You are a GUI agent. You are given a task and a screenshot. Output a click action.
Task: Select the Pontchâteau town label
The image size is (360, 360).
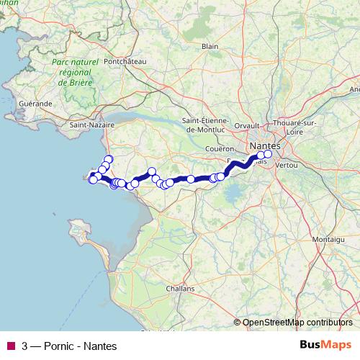click(x=125, y=62)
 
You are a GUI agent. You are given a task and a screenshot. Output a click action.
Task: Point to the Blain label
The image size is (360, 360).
click(x=210, y=45)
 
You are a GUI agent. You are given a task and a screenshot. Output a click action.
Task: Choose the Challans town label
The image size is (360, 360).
click(x=180, y=288)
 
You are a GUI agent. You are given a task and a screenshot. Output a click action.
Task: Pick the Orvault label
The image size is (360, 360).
click(x=246, y=125)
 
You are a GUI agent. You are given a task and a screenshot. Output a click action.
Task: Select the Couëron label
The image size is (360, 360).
click(x=220, y=148)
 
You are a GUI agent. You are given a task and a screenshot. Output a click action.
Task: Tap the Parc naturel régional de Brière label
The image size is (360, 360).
click(x=74, y=73)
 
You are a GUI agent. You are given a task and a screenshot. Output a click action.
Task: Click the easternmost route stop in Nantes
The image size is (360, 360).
click(x=268, y=153)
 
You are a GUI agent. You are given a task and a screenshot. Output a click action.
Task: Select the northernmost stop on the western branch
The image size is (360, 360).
click(x=109, y=159)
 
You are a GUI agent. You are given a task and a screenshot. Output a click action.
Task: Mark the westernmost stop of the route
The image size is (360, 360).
click(x=92, y=179)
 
